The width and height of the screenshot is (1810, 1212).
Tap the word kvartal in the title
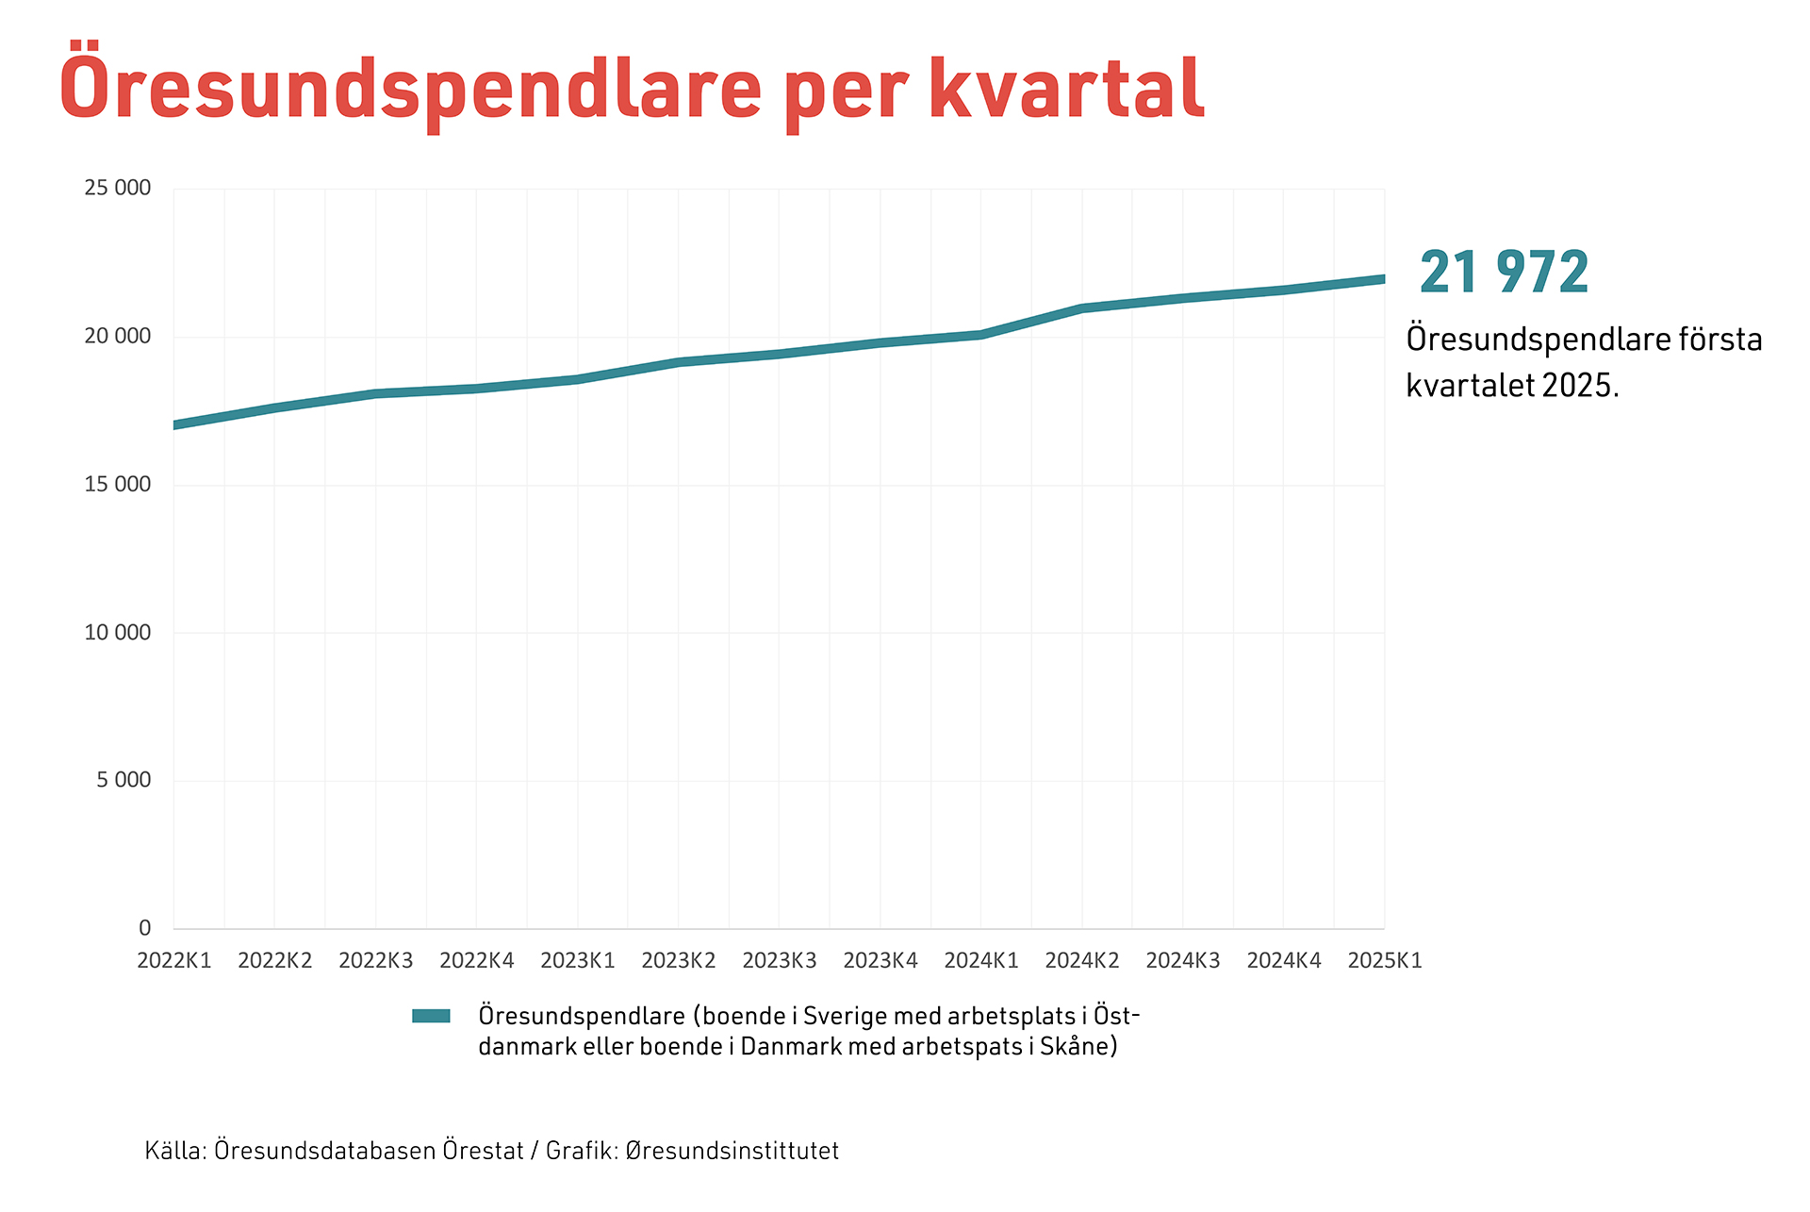tap(1066, 88)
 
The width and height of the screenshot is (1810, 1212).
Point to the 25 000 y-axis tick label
tap(117, 188)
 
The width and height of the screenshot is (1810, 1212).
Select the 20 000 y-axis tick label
tap(117, 337)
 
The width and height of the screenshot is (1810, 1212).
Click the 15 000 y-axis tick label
tap(117, 485)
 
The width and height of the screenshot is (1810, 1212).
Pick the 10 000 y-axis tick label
tap(117, 633)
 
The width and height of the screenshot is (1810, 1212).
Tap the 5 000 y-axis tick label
tap(123, 780)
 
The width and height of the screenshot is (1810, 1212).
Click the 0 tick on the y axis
tap(144, 928)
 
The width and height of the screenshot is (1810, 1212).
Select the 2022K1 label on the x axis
tap(174, 961)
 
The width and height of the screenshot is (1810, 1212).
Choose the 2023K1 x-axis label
tap(578, 961)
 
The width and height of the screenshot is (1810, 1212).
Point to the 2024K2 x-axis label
tap(1082, 961)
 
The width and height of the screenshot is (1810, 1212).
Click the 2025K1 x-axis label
tap(1384, 961)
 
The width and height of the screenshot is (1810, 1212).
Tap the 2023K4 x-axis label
tap(880, 961)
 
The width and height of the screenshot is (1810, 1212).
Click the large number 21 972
tap(1504, 273)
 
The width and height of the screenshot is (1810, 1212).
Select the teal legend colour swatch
tap(431, 1016)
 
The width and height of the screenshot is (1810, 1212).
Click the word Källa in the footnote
tap(174, 1151)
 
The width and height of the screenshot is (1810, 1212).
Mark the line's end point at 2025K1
tap(1382, 279)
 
